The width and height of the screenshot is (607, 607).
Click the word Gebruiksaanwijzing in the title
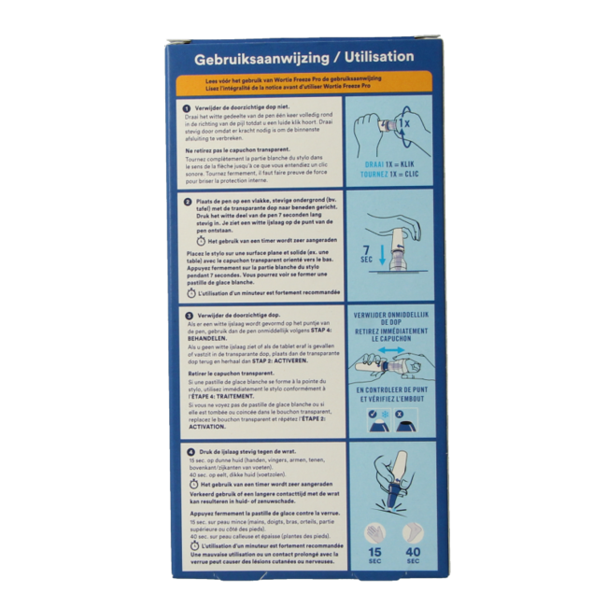click(x=250, y=57)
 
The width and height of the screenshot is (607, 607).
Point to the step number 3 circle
click(x=188, y=316)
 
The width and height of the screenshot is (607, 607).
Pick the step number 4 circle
click(x=188, y=452)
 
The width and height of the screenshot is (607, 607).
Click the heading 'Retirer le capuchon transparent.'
click(x=230, y=382)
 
